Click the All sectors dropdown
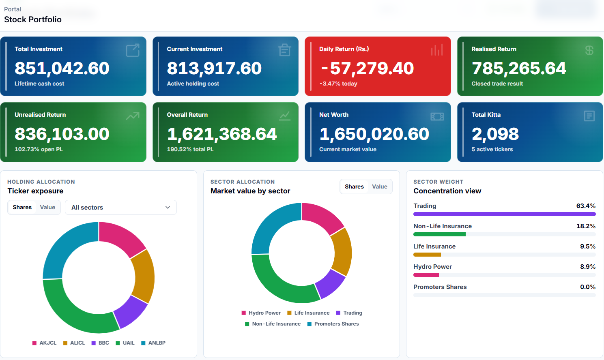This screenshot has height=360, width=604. pos(121,207)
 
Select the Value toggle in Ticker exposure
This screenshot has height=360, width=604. pos(47,207)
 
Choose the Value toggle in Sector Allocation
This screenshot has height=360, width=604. pos(379,186)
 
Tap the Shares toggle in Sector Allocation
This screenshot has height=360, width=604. pos(354,186)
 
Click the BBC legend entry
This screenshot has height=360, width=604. pos(100,343)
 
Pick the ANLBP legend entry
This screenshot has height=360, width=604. pos(153,343)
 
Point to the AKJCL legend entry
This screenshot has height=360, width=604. pos(44,343)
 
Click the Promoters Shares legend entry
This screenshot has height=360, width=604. pos(333,324)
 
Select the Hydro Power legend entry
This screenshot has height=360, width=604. pos(261,313)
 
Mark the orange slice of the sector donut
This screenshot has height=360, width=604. pos(342,251)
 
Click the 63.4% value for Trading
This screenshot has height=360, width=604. pos(586,206)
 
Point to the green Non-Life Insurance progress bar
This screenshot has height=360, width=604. pos(440,234)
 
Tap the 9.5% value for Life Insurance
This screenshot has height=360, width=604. pos(587,246)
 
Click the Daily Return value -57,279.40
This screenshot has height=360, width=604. pos(367,68)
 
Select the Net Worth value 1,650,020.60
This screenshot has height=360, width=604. pos(374,134)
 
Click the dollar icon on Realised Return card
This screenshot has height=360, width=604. pos(589,50)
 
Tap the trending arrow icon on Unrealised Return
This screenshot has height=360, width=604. pos(133,116)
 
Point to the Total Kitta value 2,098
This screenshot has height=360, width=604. pos(495,134)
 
